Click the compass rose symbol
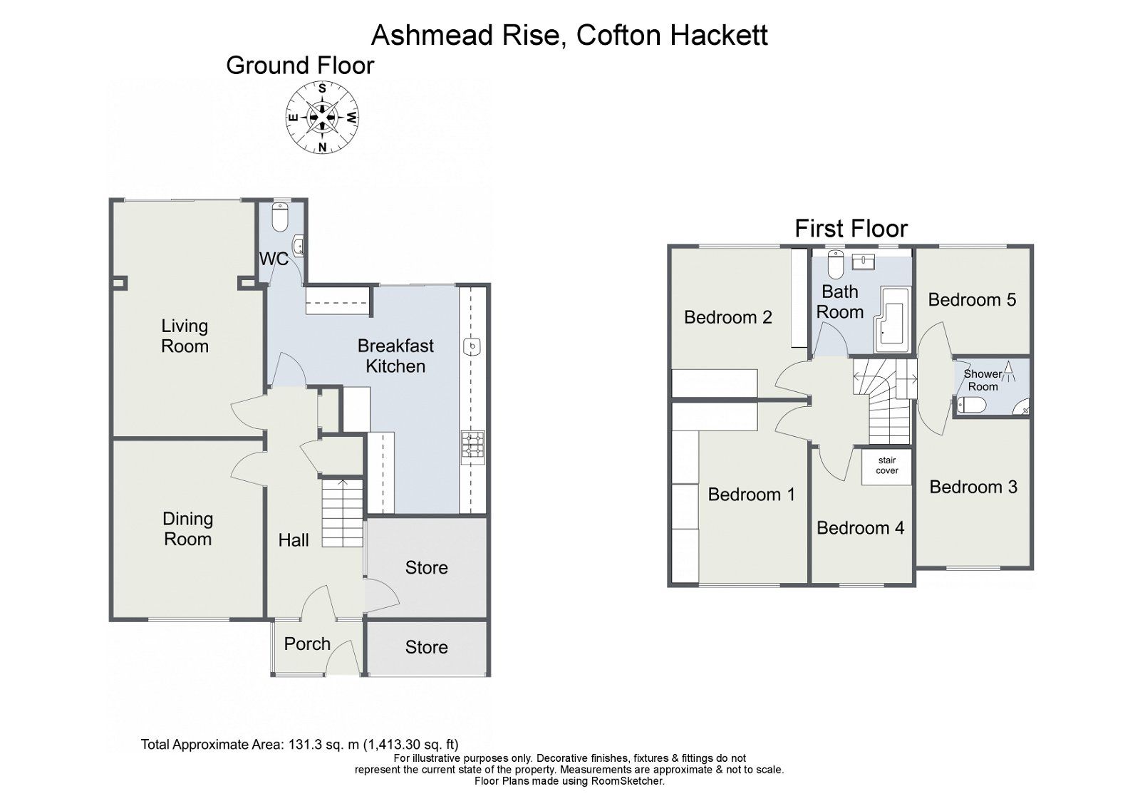[322, 118]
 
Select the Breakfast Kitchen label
[395, 356]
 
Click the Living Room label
[185, 336]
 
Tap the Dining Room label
[187, 529]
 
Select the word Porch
[307, 644]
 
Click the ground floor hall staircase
[343, 513]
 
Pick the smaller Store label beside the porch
[426, 647]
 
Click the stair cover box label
[887, 466]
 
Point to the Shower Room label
[983, 380]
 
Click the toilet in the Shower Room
[972, 405]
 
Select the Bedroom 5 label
[972, 299]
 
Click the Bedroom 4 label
[860, 528]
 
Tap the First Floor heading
[851, 229]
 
